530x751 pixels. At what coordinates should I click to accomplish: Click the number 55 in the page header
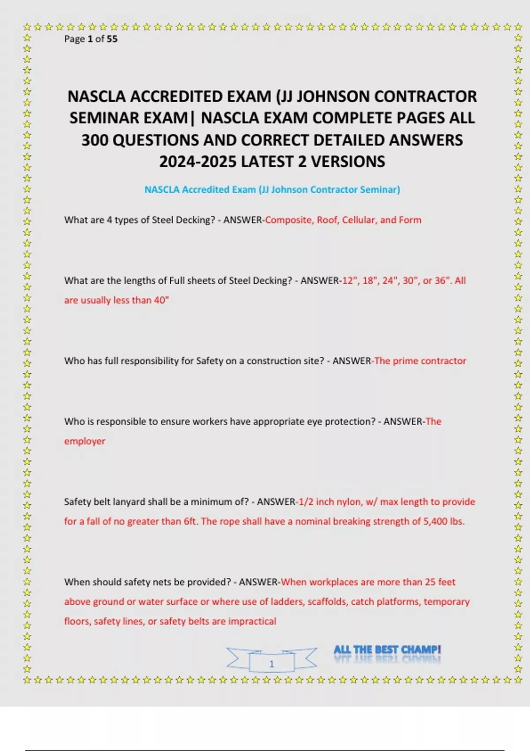(112, 39)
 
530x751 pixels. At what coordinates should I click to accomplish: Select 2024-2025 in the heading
(198, 162)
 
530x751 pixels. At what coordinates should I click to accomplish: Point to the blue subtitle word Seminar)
(380, 190)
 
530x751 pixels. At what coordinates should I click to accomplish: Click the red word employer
(85, 441)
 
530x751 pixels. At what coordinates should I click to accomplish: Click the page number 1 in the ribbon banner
(272, 664)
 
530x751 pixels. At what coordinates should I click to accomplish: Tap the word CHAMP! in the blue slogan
(421, 649)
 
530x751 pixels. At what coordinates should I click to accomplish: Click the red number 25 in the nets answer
(431, 582)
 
